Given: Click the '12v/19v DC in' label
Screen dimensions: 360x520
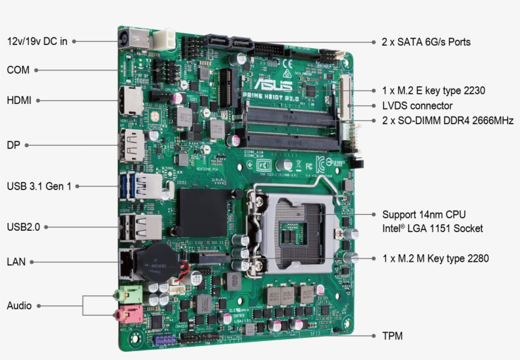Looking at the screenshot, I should tap(37, 41).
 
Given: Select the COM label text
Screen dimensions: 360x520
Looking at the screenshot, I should tap(18, 70).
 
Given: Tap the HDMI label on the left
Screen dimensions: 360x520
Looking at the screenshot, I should tap(19, 100).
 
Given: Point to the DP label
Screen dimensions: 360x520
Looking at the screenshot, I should tap(13, 145).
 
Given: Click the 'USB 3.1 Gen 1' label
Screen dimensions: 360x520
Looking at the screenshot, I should tap(39, 186).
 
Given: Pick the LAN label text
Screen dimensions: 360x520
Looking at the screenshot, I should tap(16, 261).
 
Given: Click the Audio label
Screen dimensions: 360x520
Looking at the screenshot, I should tap(19, 305).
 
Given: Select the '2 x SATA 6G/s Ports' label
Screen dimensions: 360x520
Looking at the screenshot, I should tap(426, 42).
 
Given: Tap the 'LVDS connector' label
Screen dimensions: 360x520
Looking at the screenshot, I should tap(417, 106).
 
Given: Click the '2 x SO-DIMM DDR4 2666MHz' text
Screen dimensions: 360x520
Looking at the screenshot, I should tap(447, 120).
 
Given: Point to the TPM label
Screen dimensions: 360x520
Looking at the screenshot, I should tap(392, 336).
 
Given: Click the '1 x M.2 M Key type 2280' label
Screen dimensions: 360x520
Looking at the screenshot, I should tap(435, 258).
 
